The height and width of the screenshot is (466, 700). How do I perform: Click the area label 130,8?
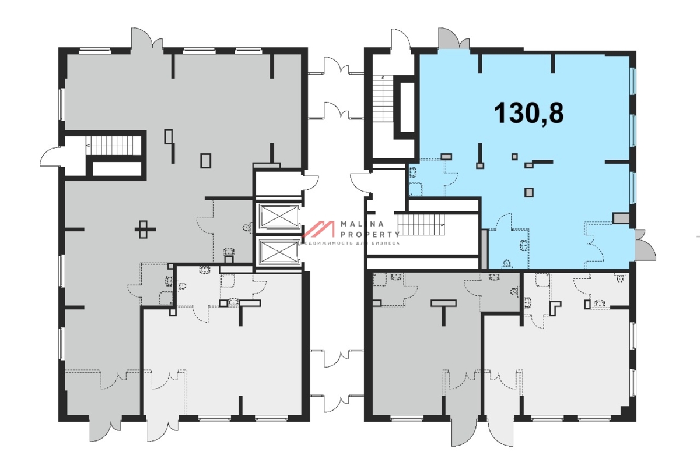(x=528, y=114)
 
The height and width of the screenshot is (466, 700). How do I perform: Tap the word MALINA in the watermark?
(x=362, y=224)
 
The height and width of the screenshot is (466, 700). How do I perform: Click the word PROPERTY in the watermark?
(x=370, y=234)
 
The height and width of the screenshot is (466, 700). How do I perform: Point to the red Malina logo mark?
(x=318, y=229)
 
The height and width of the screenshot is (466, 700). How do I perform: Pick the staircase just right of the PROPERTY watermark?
(x=421, y=224)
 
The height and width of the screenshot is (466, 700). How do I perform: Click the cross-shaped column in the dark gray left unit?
(x=145, y=230)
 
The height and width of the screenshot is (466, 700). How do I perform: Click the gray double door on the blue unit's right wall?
(x=645, y=245)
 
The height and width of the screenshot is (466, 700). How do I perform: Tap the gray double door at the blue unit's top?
(x=454, y=38)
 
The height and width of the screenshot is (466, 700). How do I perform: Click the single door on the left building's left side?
(x=51, y=157)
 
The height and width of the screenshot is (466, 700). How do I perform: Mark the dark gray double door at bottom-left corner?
(x=106, y=428)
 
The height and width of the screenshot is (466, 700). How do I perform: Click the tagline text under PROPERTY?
(x=350, y=243)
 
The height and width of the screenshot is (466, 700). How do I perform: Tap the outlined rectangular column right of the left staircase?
(x=205, y=160)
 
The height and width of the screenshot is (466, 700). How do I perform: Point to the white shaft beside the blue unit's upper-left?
(x=407, y=107)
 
